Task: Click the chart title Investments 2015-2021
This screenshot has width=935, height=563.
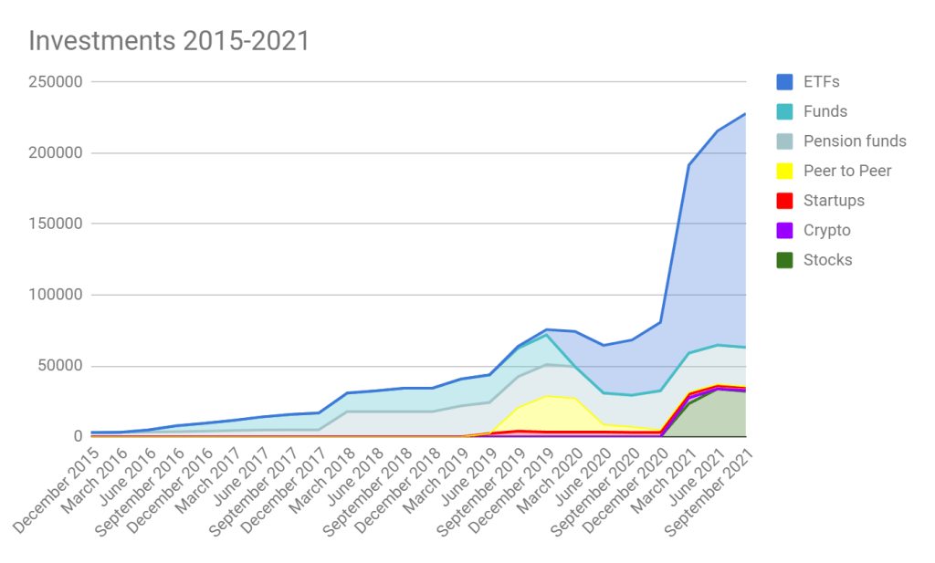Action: [x=168, y=41]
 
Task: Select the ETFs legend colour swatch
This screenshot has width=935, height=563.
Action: [x=784, y=82]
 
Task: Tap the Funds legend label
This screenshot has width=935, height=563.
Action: [x=825, y=111]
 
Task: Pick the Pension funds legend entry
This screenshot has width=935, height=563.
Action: [x=855, y=141]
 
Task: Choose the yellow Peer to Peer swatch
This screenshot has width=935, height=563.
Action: [x=784, y=171]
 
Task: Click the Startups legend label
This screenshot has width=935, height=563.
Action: [x=834, y=201]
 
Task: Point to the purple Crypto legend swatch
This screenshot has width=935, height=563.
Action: [x=784, y=230]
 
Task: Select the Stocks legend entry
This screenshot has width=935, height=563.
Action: [x=827, y=260]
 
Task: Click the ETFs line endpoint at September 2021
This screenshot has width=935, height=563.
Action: [x=745, y=114]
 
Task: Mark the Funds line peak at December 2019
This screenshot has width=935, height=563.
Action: [x=546, y=335]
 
